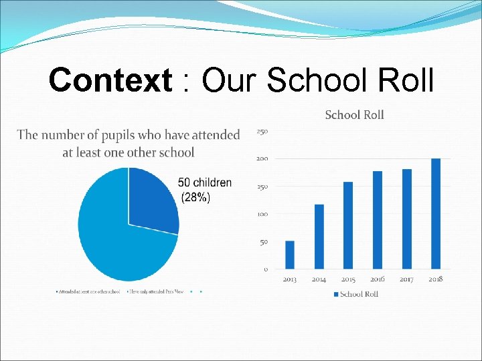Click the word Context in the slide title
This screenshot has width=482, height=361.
[x=110, y=82]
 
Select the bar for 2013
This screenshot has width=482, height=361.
[x=290, y=255]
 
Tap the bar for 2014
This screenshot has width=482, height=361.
[x=319, y=237]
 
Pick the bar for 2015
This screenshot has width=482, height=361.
[x=348, y=225]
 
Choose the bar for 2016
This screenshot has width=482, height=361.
[x=378, y=220]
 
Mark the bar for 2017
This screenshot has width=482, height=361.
[x=407, y=219]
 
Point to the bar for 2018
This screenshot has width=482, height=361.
[x=436, y=213]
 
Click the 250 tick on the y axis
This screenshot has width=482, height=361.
[x=262, y=132]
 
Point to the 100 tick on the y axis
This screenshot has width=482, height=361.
[x=262, y=214]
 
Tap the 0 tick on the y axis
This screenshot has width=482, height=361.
[x=266, y=269]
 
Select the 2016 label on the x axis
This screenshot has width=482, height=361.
[x=378, y=279]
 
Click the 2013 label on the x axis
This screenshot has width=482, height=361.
[x=290, y=279]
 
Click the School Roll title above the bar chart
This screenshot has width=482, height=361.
[x=354, y=115]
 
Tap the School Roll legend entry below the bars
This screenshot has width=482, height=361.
[x=359, y=294]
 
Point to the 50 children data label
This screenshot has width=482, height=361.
[x=205, y=183]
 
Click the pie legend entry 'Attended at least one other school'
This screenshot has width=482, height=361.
[x=89, y=291]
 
